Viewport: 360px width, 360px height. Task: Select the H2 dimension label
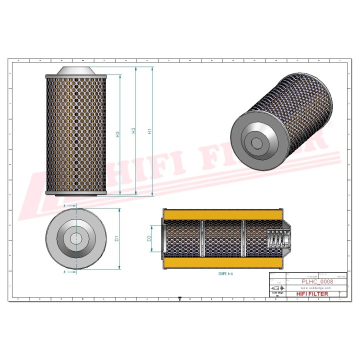(133, 131)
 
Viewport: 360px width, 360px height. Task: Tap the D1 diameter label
(116, 238)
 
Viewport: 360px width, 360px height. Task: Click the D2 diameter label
(149, 239)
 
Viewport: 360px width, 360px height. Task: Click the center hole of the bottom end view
(75, 238)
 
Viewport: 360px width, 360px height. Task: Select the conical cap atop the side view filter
(75, 70)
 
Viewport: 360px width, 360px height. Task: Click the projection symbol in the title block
(275, 288)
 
